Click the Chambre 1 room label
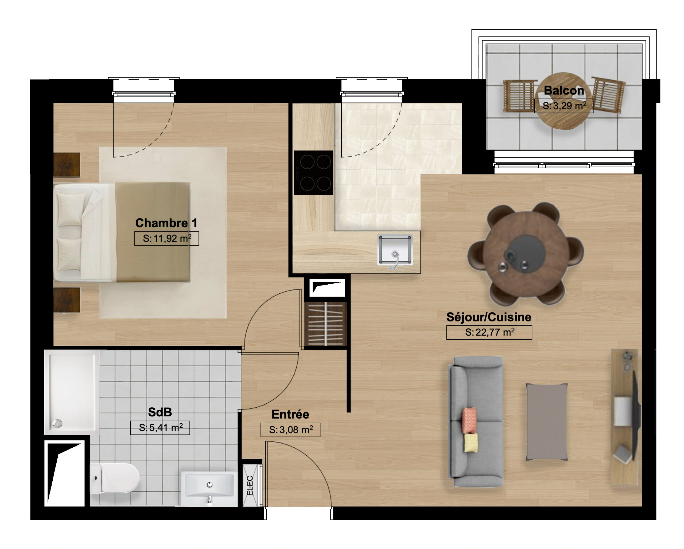(x=166, y=223)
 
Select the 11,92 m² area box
(x=166, y=238)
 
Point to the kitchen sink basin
(x=395, y=249)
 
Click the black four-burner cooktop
(x=313, y=173)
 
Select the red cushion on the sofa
(x=469, y=420)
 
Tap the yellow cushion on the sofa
(x=471, y=443)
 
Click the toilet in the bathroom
(x=115, y=478)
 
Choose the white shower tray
(x=72, y=392)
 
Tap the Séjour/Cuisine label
(x=489, y=317)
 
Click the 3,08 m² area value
(x=291, y=430)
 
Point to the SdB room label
(x=160, y=412)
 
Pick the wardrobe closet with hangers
(x=325, y=324)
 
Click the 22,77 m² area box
(x=489, y=332)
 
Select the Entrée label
(x=290, y=414)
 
